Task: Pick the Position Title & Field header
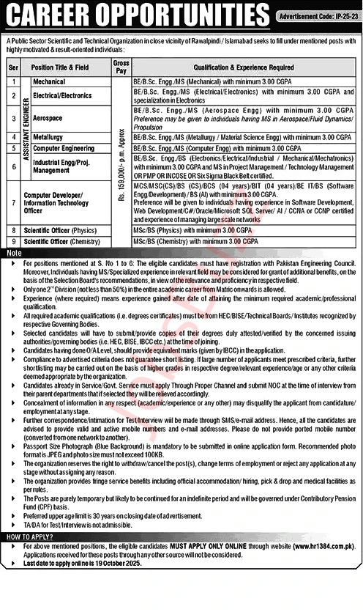[64, 67]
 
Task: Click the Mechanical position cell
[49, 82]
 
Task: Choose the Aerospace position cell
[48, 117]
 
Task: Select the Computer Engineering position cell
[64, 148]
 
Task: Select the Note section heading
[15, 252]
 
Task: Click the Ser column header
[12, 67]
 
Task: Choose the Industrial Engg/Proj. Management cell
[62, 166]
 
